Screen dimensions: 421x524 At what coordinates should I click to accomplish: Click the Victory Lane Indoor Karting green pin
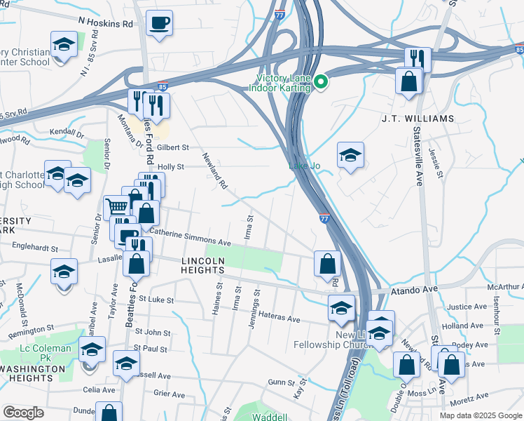click(x=321, y=82)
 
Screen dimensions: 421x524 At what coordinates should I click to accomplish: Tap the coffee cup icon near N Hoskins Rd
click(x=159, y=22)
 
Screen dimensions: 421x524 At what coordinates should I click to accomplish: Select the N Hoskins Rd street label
click(x=106, y=23)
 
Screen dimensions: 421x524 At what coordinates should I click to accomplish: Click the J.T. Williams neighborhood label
click(x=418, y=118)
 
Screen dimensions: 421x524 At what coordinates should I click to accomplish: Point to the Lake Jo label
click(x=305, y=166)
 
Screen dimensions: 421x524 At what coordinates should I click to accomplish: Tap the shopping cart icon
click(x=116, y=206)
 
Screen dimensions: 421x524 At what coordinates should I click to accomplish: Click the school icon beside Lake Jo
click(x=350, y=154)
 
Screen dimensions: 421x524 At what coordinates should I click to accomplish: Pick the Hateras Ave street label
click(x=280, y=318)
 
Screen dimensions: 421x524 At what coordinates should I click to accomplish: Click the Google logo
click(x=23, y=413)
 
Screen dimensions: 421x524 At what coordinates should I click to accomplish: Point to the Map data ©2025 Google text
click(x=481, y=415)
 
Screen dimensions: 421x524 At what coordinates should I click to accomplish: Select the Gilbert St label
click(x=174, y=147)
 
